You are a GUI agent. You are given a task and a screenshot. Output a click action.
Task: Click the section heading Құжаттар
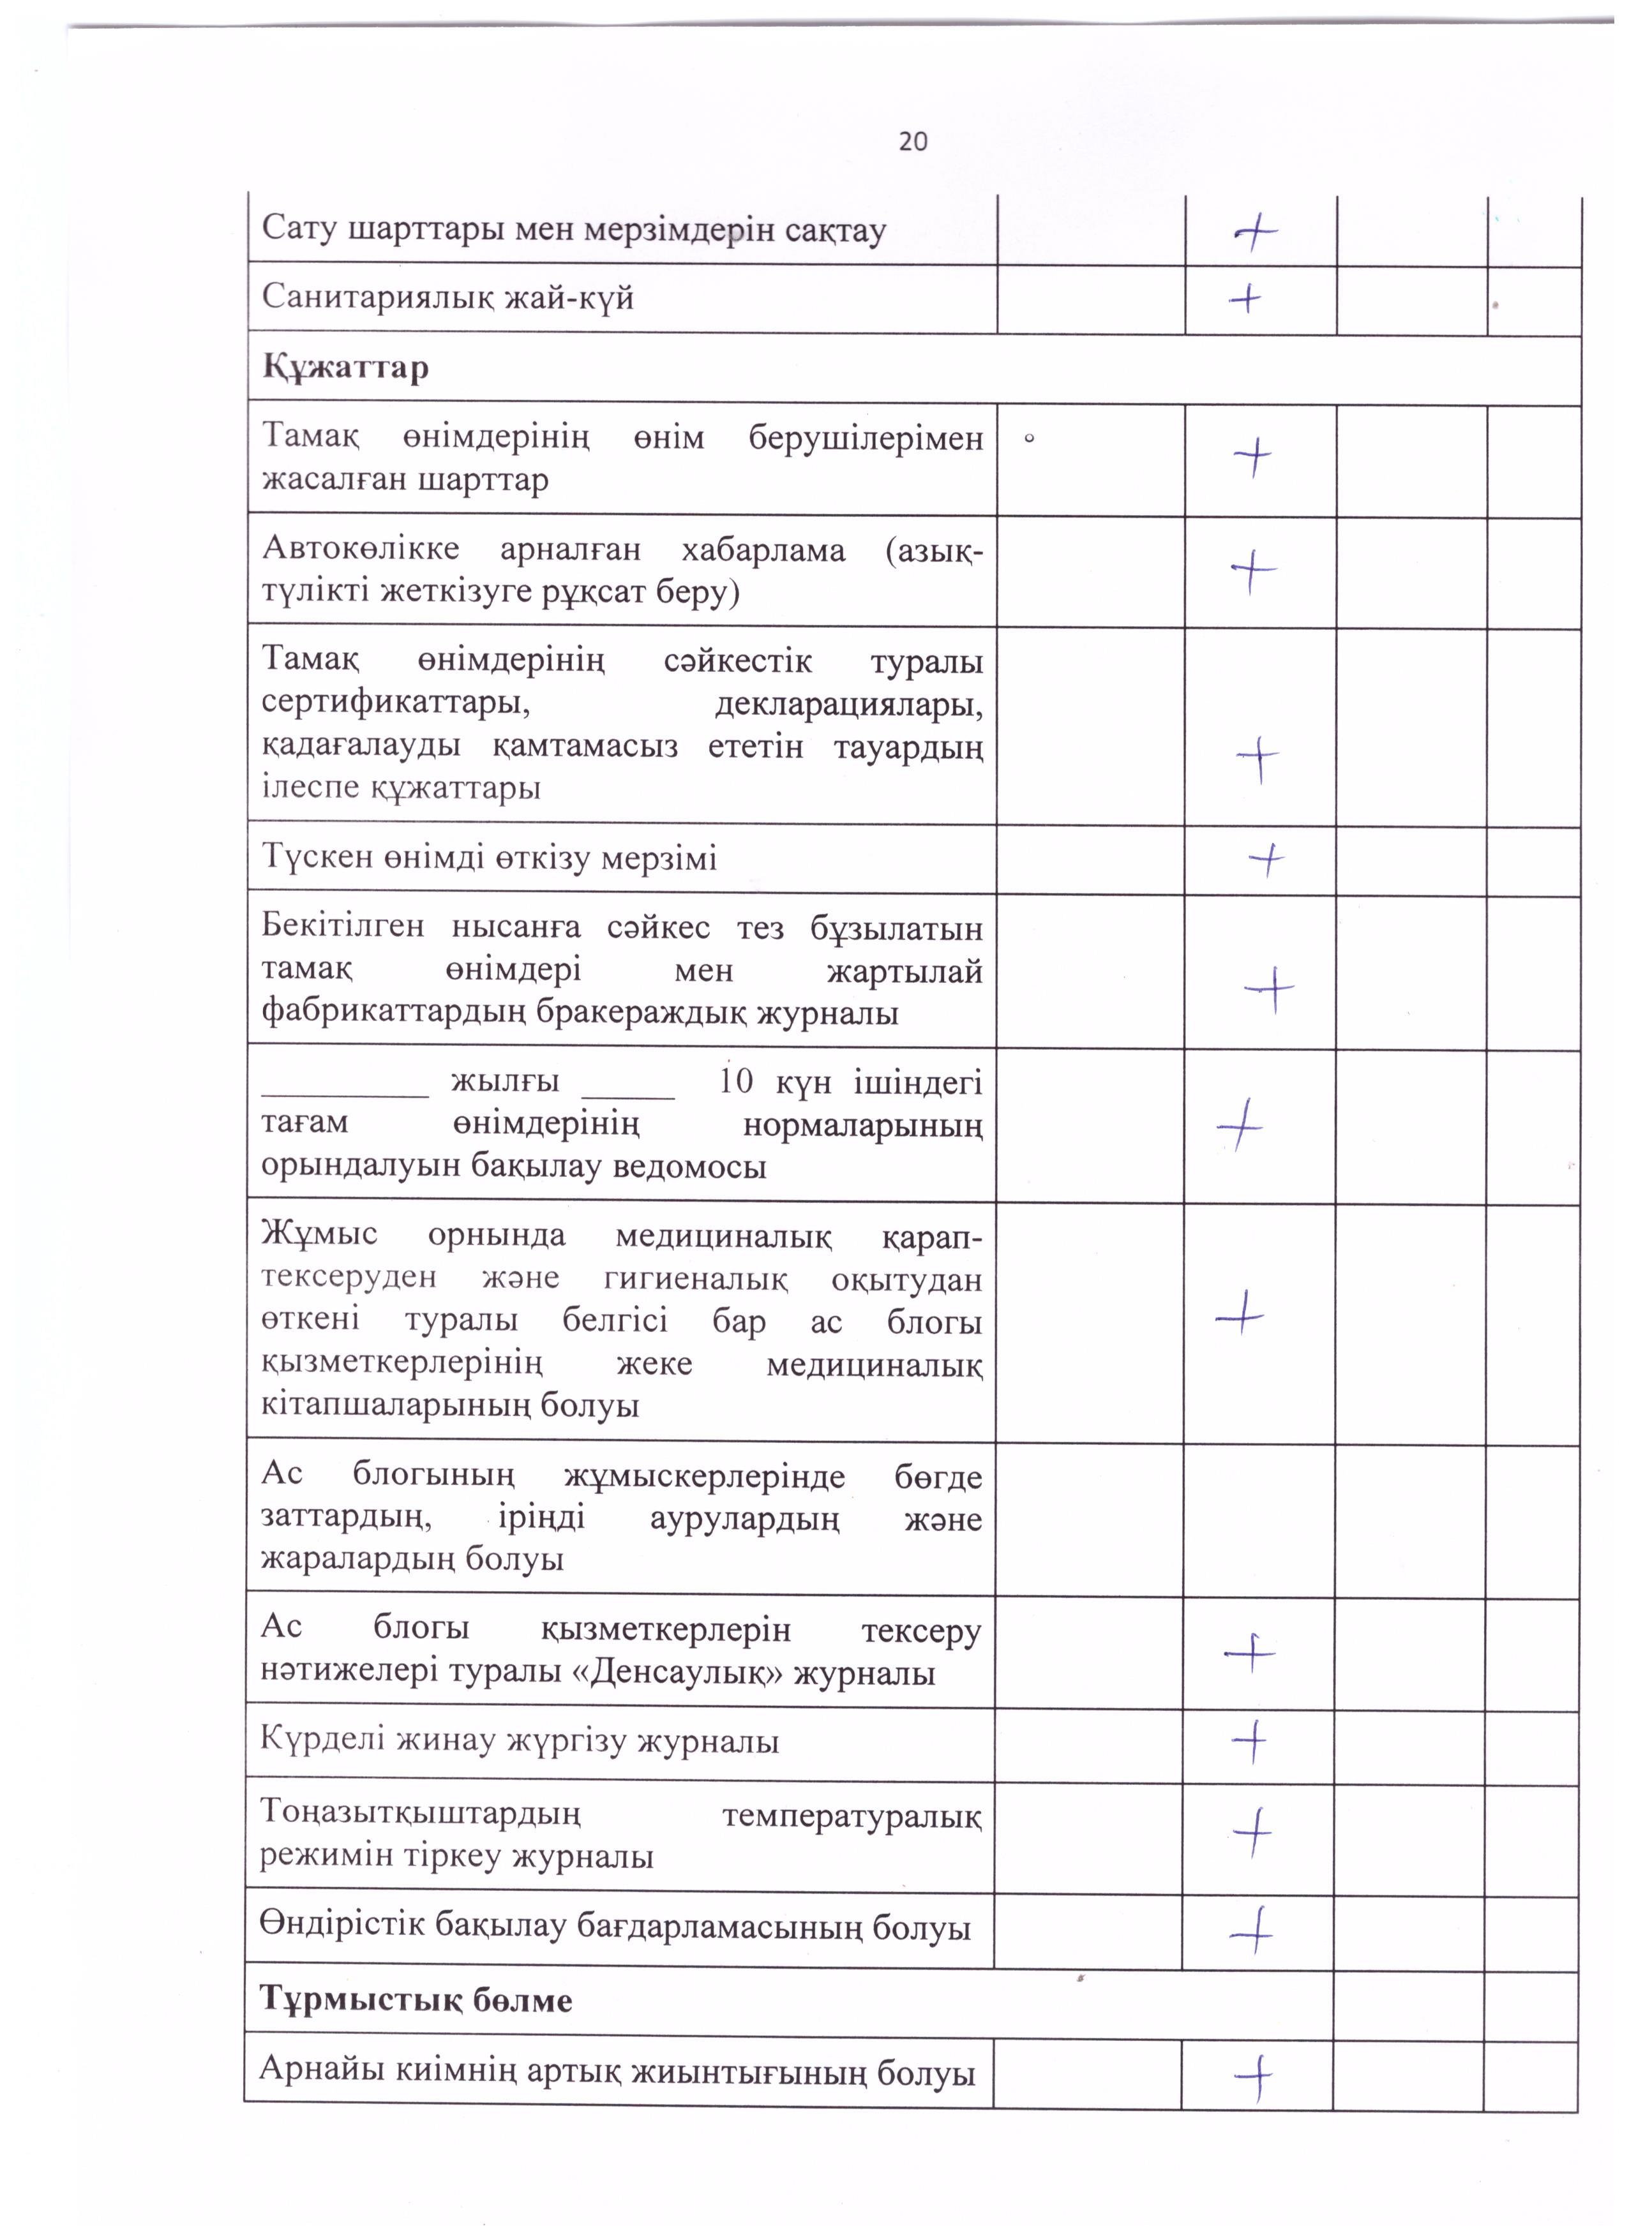(x=346, y=368)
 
